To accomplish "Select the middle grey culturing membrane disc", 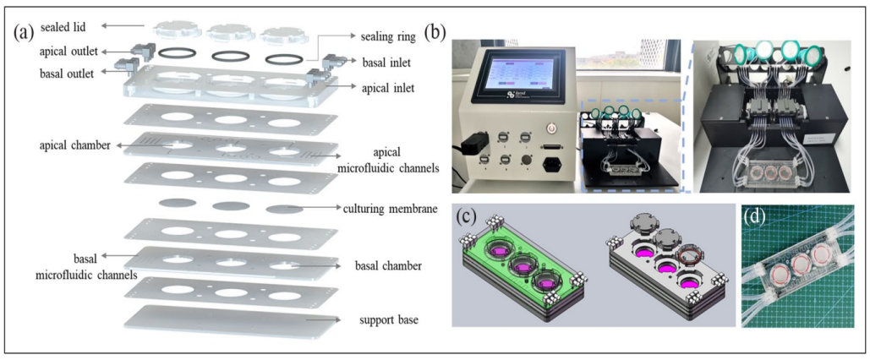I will tap(227, 205).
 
